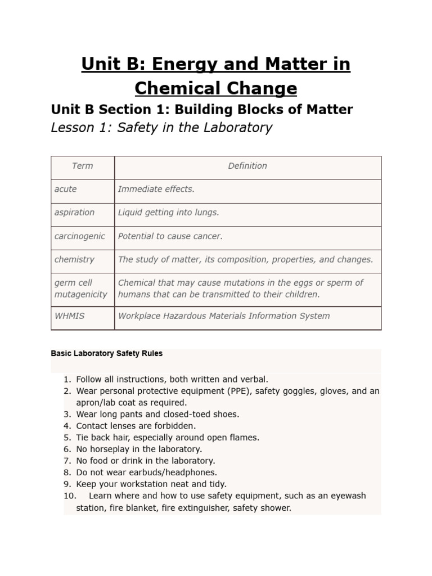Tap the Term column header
(83, 166)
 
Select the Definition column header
(247, 166)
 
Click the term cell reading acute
(66, 189)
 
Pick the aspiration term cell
(75, 213)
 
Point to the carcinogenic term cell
(80, 236)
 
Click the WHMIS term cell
(70, 316)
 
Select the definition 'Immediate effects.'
(156, 189)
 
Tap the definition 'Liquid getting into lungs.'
(169, 213)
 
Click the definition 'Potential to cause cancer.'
(170, 236)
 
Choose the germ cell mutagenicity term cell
(80, 289)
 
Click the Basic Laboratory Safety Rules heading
(107, 354)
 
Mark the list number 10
(69, 496)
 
